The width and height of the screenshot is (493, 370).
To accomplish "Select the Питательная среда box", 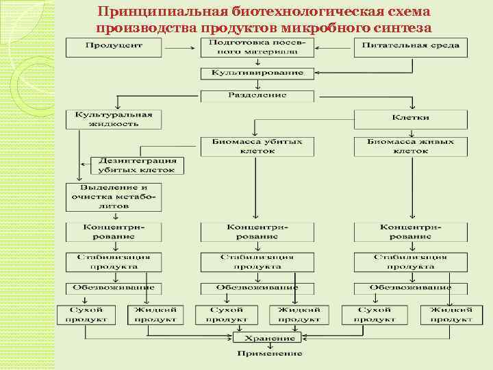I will point(411,46).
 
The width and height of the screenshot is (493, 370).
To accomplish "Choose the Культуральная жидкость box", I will point(114,119).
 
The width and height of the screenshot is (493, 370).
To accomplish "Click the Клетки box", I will point(411,118).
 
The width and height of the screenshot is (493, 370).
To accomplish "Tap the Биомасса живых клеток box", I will point(411,146).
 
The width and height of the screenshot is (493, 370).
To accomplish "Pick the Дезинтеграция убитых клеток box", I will point(137,165).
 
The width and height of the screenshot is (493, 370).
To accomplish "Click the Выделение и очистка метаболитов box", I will point(114,196).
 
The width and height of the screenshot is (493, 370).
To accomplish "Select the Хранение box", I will point(267,338).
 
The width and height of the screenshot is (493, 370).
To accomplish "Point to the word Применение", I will point(269,354).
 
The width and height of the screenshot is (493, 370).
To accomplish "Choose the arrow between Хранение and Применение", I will point(268,346).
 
